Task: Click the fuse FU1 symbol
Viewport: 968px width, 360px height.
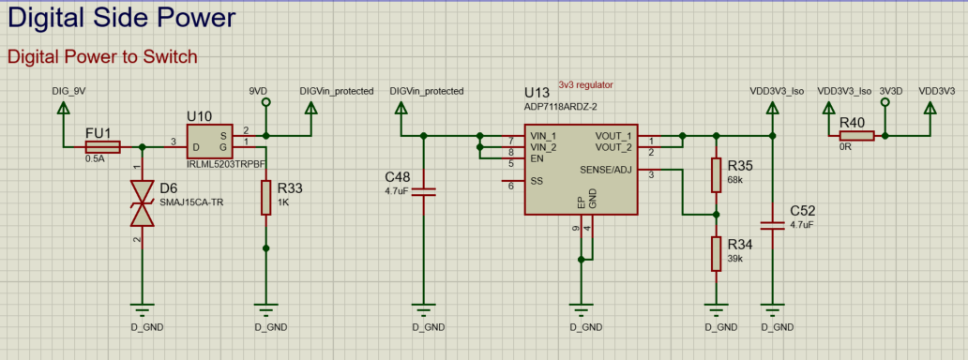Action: point(102,147)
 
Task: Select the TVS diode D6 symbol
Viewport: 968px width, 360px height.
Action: point(142,203)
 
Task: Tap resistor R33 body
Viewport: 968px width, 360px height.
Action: point(266,198)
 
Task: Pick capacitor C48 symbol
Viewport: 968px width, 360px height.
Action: point(424,190)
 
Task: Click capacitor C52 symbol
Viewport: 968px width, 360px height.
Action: point(773,224)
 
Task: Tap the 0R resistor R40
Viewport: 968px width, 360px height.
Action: point(856,136)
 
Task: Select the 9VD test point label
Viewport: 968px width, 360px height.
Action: point(259,91)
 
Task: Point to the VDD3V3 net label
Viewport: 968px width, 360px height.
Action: point(937,91)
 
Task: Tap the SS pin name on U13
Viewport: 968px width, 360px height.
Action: point(537,181)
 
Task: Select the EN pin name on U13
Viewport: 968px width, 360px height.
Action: point(537,158)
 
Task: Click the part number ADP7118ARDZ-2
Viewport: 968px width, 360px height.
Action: point(561,106)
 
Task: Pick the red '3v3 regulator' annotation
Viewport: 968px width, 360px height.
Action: point(585,84)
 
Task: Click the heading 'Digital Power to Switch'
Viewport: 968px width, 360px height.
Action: point(102,56)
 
